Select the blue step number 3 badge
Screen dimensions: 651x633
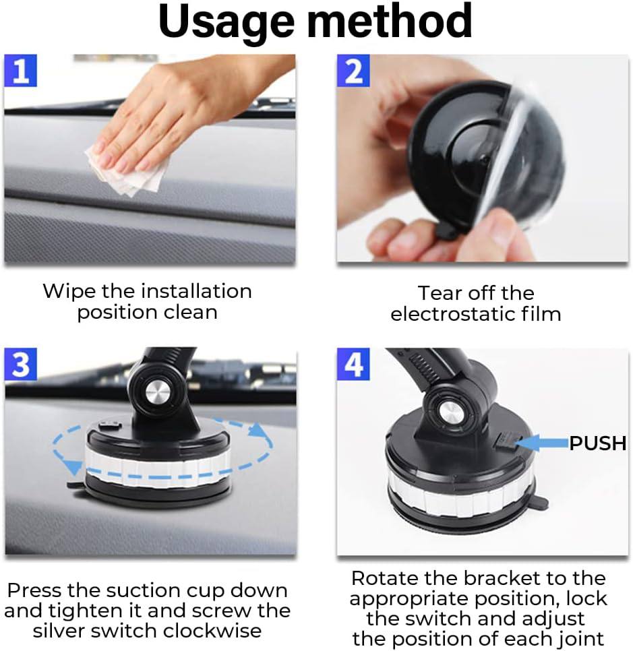point(21,365)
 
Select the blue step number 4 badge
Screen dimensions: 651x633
point(354,365)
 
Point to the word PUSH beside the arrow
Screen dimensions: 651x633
point(598,443)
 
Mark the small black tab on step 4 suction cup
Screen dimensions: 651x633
point(540,503)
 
